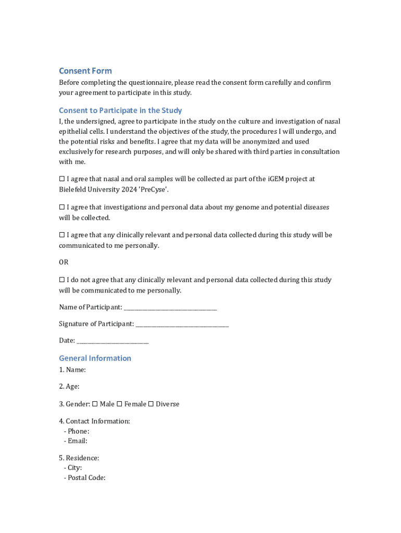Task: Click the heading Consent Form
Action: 85,71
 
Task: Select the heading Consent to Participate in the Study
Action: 120,110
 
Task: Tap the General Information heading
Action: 95,358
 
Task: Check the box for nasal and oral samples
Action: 61,179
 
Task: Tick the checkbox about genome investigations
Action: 61,207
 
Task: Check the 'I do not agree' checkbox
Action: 61,280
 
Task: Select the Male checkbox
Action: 95,404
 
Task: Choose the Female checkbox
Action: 119,404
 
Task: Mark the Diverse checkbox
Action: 151,404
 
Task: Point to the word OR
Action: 64,262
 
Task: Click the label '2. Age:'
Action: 69,386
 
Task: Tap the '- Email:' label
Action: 76,441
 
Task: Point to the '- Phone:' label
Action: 77,431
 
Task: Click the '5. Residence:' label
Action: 79,458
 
